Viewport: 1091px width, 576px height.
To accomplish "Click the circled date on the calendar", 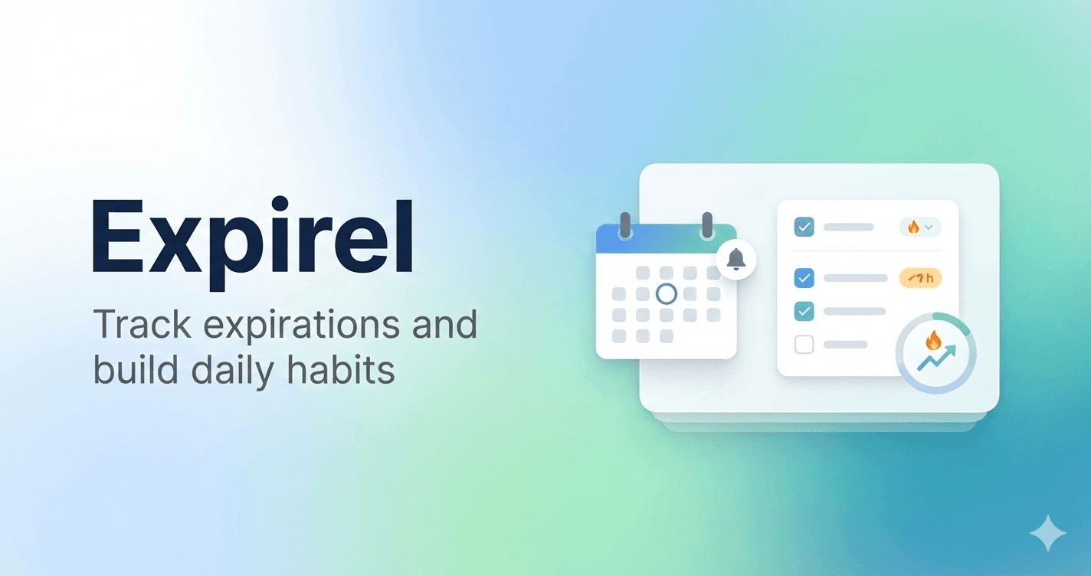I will click(667, 293).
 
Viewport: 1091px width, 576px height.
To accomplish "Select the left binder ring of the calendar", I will click(625, 225).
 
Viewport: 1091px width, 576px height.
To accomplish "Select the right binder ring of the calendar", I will click(707, 225).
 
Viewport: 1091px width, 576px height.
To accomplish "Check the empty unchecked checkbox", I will click(804, 345).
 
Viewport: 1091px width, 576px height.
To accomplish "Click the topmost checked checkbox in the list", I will click(804, 227).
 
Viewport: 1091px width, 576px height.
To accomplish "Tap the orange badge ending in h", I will click(919, 278).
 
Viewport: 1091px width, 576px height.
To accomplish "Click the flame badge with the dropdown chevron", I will click(919, 227).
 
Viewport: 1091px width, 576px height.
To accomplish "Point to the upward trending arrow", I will click(937, 358).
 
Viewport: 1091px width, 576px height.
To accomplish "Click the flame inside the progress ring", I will click(933, 339).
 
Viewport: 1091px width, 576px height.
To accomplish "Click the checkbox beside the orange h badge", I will click(804, 278).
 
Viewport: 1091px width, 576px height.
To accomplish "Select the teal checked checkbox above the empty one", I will click(804, 311).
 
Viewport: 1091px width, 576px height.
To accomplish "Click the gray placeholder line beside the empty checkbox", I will click(845, 345).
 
